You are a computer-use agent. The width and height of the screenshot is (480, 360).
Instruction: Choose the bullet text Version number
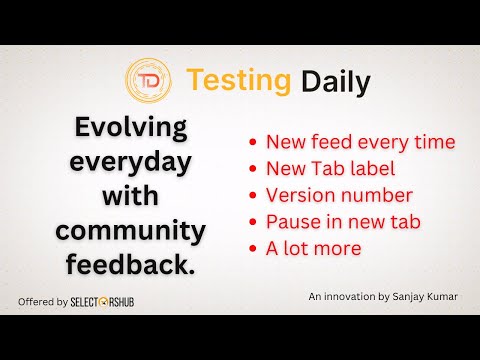338,194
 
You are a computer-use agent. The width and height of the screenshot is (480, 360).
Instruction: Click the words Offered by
44,301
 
